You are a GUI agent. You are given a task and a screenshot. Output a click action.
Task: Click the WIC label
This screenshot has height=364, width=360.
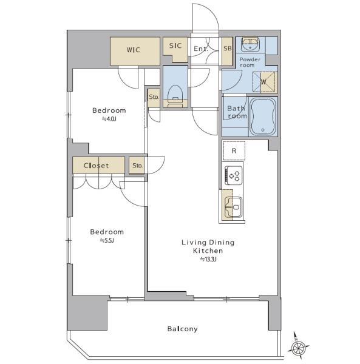point(134,50)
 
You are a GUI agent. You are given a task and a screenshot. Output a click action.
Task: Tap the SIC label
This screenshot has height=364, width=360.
point(175,45)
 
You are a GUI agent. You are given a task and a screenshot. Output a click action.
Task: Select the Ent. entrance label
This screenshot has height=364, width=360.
point(201,49)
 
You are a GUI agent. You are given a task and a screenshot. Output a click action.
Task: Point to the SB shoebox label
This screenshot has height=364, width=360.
point(228,49)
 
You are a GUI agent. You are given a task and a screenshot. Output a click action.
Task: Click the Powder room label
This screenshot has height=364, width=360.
point(250,62)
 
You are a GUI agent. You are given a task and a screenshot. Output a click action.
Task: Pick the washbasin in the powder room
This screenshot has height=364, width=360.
point(250,44)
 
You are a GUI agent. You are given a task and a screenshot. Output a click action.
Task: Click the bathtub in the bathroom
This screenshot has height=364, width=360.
point(263,116)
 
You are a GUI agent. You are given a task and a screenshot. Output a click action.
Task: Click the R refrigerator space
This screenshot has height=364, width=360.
point(234,150)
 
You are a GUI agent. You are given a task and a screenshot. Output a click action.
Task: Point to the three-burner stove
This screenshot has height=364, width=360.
point(234,175)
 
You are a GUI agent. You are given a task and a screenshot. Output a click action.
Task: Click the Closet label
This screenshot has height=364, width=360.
point(96,166)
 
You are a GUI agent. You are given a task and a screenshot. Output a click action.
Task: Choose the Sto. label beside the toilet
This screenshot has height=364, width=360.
point(154,97)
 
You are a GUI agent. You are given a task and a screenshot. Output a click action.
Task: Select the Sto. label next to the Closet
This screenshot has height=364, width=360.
point(137,166)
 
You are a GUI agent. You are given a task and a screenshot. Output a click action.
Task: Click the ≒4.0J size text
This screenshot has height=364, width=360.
point(109,119)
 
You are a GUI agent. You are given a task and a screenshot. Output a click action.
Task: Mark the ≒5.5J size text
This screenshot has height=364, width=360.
point(107,240)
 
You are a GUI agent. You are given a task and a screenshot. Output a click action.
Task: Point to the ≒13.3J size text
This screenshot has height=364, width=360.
point(208,259)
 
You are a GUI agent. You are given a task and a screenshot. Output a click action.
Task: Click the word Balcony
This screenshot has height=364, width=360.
point(182,329)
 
